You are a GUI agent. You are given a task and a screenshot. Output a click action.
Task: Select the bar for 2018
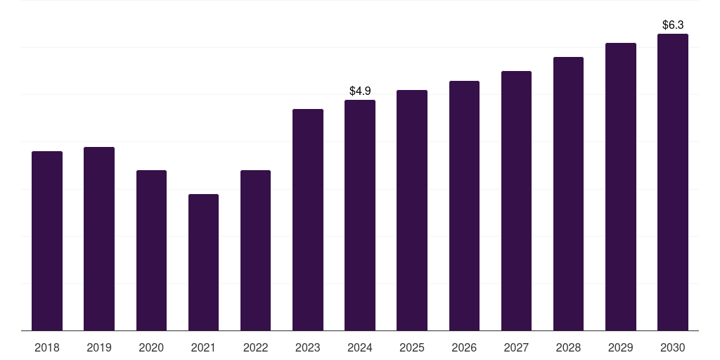tap(47, 240)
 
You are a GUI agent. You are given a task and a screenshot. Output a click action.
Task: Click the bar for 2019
tap(99, 239)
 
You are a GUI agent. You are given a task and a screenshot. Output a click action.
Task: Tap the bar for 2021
tap(203, 262)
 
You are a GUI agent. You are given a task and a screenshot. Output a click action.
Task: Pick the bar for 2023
tap(308, 219)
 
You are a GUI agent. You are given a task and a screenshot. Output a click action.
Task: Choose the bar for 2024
tap(360, 215)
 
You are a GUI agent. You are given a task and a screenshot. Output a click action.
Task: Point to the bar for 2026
tap(464, 206)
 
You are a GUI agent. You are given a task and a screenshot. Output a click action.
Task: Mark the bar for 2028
tap(568, 194)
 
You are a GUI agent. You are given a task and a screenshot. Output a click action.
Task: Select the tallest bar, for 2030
tap(673, 182)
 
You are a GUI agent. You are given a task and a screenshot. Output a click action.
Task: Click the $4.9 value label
tap(360, 91)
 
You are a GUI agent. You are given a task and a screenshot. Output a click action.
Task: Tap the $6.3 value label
tap(673, 25)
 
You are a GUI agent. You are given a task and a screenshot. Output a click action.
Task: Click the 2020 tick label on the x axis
tap(151, 347)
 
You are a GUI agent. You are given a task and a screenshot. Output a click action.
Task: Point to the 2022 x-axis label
tap(255, 347)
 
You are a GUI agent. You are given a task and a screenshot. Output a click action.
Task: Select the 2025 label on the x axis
tap(412, 347)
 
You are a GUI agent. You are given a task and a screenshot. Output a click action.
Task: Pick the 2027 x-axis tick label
tap(516, 347)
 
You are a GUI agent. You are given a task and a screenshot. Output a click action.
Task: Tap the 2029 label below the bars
tap(620, 347)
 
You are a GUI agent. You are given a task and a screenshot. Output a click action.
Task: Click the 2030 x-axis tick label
tap(673, 347)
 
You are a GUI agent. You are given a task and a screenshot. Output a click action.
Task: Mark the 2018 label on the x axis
tap(47, 347)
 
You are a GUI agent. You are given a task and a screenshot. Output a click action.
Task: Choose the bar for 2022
tap(255, 250)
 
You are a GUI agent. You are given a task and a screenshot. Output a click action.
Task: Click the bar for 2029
tap(620, 186)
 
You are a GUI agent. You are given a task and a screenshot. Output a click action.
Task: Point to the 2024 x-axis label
tap(360, 347)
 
